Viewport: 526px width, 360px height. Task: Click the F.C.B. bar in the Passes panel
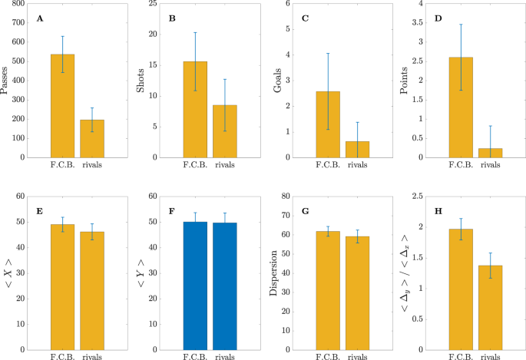[x=62, y=106]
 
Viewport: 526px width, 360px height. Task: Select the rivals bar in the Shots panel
[x=225, y=131]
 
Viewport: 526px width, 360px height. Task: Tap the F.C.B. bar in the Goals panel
[x=328, y=124]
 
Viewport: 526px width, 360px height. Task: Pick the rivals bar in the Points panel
[x=490, y=153]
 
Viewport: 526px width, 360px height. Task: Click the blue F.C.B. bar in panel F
[x=195, y=286]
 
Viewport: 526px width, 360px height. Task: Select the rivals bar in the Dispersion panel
[x=357, y=293]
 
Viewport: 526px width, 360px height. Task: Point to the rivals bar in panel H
[x=490, y=308]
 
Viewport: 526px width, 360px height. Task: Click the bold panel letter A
[x=40, y=18]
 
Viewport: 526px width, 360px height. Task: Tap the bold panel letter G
[x=306, y=211]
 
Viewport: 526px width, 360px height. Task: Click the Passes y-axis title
[x=4, y=81]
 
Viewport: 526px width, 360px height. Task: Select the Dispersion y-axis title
[x=273, y=273]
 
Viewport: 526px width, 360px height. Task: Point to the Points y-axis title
[x=404, y=81]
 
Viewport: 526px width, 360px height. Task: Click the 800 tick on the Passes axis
[x=18, y=3]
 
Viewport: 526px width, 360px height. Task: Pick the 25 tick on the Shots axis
[x=153, y=3]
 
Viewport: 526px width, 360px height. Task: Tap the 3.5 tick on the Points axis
[x=418, y=23]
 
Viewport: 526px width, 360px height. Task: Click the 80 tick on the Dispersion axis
[x=286, y=196]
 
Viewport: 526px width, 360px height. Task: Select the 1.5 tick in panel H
[x=418, y=258]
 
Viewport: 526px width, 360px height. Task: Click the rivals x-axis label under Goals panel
[x=357, y=165]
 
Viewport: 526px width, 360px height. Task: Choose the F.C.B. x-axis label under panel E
[x=62, y=357]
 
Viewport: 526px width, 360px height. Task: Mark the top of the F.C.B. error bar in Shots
[x=195, y=32]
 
